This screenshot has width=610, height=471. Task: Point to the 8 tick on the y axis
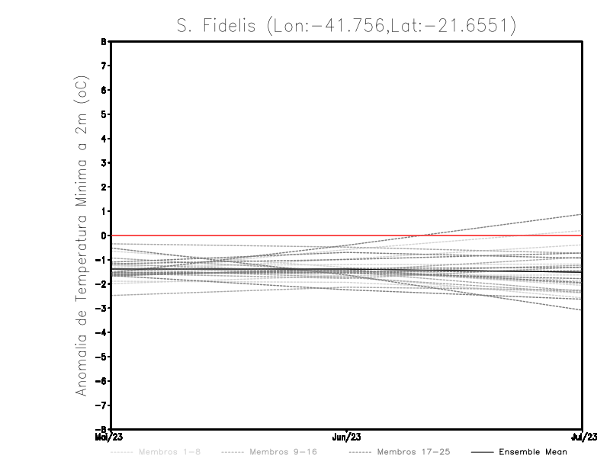104,42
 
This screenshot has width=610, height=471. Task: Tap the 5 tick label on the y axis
104,114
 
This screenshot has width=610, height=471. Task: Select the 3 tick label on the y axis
104,163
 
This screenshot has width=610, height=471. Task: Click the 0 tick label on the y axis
104,235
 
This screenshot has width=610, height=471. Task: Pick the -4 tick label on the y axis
102,332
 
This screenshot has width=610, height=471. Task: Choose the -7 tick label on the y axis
102,405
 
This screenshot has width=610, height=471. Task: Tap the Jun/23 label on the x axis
347,437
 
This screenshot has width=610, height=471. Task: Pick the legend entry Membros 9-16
275,452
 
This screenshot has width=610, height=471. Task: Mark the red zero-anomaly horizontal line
229,235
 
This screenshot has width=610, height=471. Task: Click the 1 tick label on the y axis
104,211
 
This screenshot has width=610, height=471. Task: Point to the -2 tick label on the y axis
102,284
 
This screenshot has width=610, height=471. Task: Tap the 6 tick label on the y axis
104,90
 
